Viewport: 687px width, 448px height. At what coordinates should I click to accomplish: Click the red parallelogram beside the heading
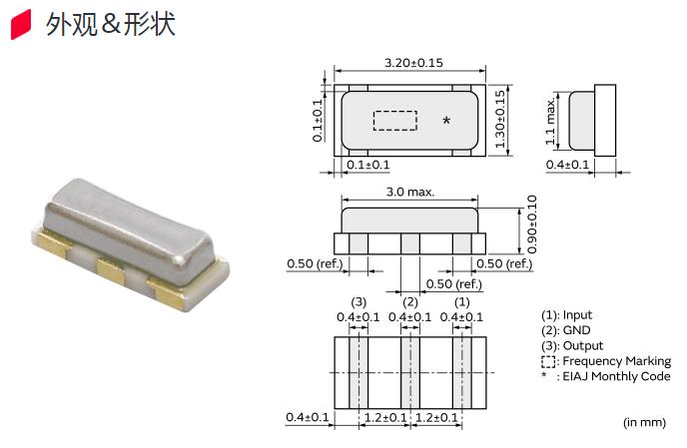click(x=21, y=25)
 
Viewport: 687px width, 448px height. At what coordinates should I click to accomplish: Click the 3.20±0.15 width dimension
click(x=413, y=63)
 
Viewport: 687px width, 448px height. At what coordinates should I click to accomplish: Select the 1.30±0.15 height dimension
click(x=500, y=119)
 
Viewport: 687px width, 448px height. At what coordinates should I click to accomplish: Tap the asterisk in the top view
click(x=446, y=121)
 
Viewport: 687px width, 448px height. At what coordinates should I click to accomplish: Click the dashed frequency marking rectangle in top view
click(x=394, y=121)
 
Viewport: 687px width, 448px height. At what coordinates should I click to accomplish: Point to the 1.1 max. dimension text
click(x=550, y=121)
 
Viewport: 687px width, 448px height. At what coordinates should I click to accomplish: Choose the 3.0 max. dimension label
click(x=410, y=192)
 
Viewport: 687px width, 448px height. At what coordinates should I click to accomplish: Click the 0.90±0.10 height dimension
click(x=531, y=224)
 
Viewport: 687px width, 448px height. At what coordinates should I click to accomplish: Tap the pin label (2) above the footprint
click(x=410, y=302)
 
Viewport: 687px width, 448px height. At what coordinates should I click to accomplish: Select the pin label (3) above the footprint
click(x=358, y=302)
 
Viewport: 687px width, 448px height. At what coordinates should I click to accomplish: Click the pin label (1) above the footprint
click(x=461, y=302)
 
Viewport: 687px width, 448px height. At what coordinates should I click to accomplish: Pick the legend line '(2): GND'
click(x=565, y=330)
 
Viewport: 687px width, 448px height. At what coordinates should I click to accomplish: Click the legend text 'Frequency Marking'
click(x=616, y=361)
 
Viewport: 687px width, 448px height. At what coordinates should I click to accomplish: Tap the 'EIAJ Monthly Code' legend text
click(x=616, y=376)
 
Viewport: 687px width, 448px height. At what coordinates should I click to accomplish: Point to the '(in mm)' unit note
click(x=644, y=422)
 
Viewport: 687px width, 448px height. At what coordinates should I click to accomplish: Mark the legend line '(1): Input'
click(x=566, y=315)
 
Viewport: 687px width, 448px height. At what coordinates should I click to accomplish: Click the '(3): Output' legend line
click(x=572, y=345)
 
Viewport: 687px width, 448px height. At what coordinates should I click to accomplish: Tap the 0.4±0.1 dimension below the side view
click(x=567, y=165)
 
